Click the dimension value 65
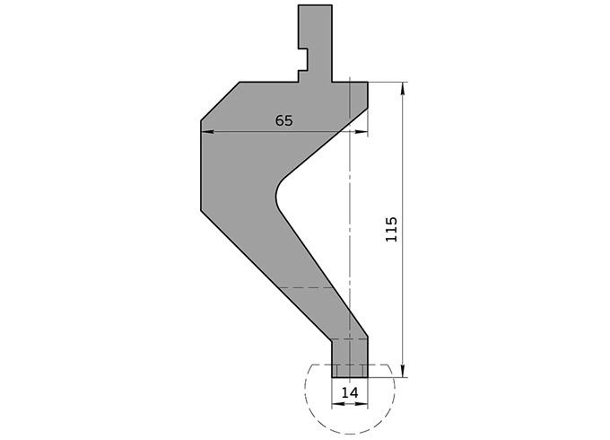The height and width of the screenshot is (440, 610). tap(283, 121)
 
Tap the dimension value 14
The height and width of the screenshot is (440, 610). tap(350, 392)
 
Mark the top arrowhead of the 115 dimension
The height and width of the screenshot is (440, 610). tap(405, 88)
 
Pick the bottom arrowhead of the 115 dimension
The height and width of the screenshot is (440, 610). tap(405, 372)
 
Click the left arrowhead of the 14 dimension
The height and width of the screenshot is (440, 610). tap(336, 402)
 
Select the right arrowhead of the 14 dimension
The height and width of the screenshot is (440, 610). tap(362, 402)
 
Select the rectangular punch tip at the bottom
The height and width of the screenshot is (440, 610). tap(349, 359)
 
